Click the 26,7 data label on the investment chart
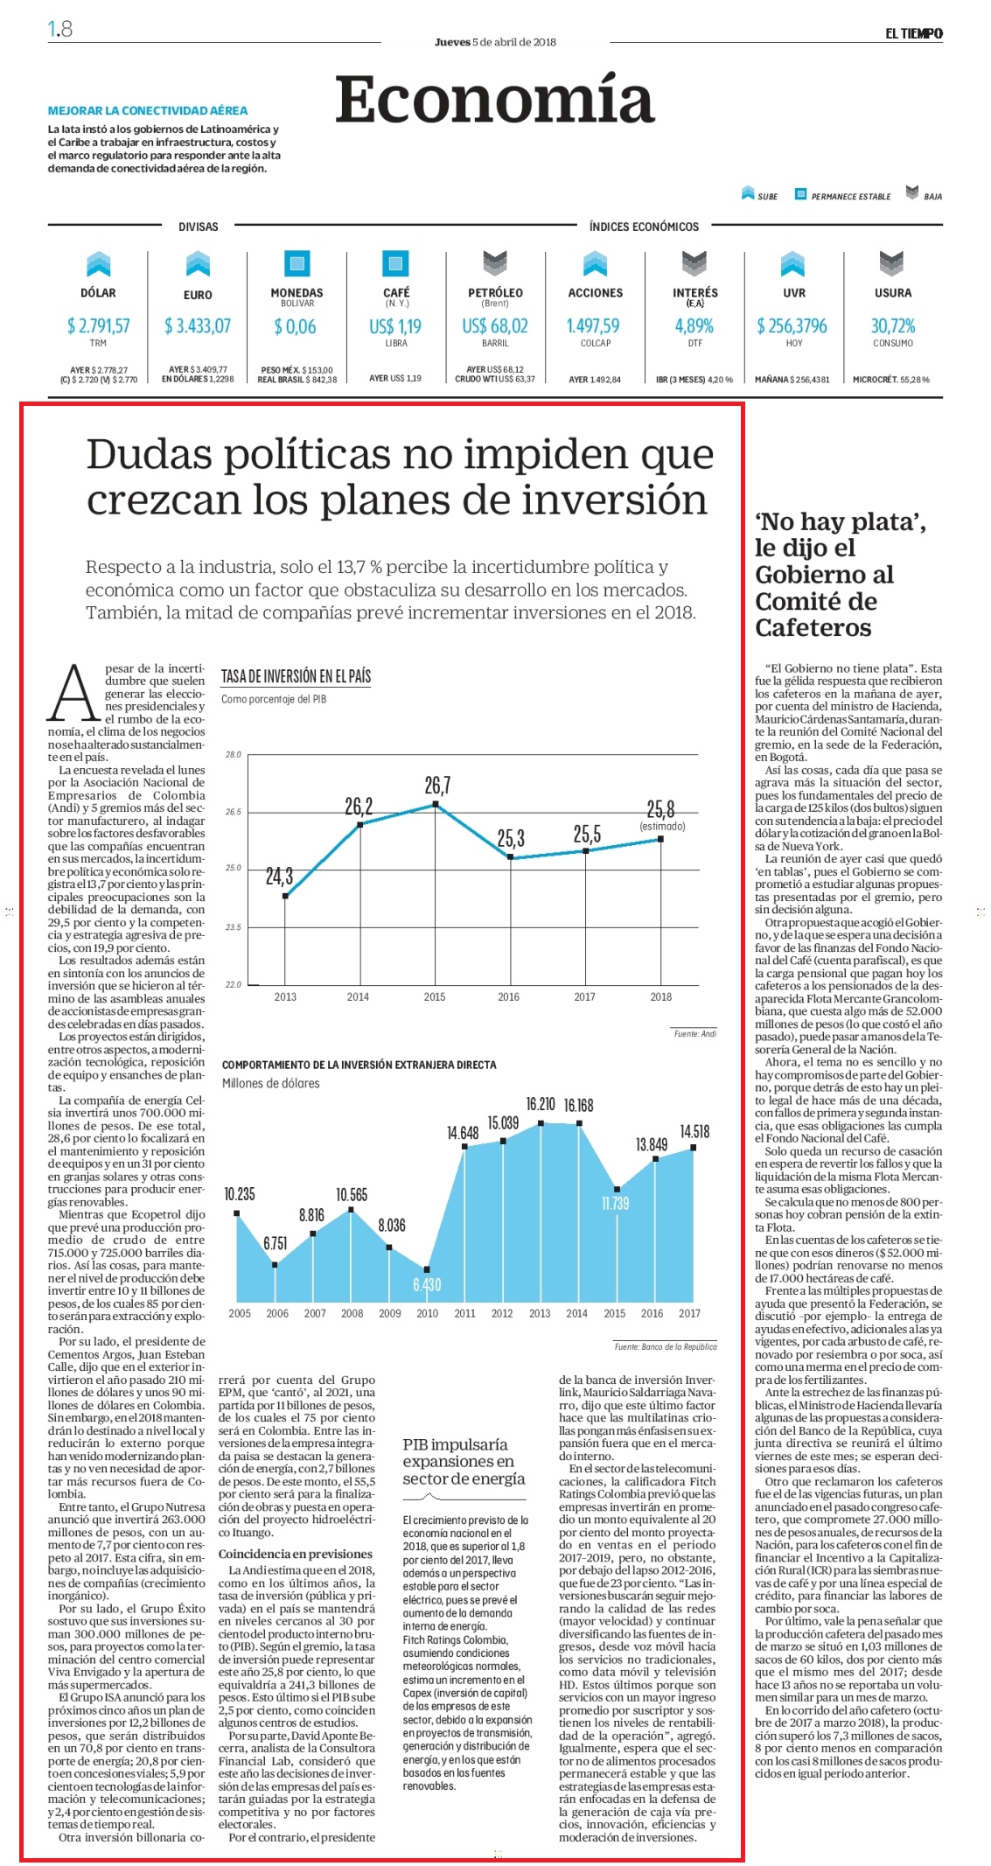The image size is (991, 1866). pos(437,785)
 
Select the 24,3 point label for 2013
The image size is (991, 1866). pos(279,876)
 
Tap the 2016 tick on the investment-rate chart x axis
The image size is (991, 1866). pos(508,996)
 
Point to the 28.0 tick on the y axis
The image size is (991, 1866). pos(233,754)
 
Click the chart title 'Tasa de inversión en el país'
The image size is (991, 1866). pos(296,676)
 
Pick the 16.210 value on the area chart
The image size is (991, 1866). pos(541,1104)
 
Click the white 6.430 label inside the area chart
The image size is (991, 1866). pos(427,1284)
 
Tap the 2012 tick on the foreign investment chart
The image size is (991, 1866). pos(502,1313)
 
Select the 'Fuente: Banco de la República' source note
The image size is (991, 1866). pos(665,1346)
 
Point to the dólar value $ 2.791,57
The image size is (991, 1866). pos(98,325)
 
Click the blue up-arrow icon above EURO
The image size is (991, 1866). pos(198,263)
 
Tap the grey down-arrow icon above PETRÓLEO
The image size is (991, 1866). pos(495,263)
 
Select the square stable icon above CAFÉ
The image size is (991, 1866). pos(396,262)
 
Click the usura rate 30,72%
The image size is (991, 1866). pos(892,325)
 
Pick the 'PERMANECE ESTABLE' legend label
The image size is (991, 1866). pos(850,197)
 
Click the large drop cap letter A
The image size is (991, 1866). pos(73,691)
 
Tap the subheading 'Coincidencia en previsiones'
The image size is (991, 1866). pos(295,1554)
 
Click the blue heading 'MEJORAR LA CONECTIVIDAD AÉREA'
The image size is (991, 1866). pos(148,111)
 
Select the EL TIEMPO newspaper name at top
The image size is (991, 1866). pos(913,33)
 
